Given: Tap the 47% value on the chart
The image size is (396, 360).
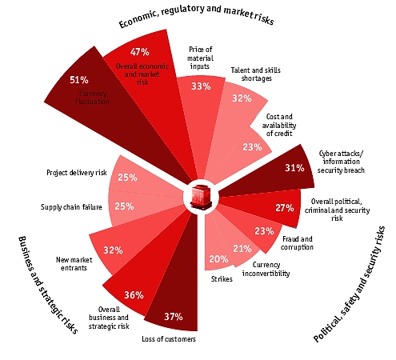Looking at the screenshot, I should (x=130, y=52).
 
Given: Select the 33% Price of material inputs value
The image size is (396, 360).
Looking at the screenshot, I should (x=201, y=86).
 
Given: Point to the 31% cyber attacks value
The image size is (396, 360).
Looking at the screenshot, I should (x=272, y=168).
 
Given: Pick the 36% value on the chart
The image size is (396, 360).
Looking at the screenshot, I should (x=134, y=294).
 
